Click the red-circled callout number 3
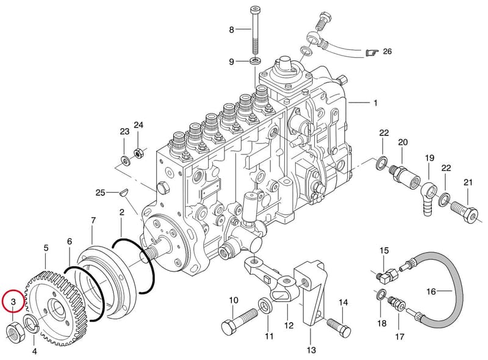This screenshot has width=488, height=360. [x=13, y=301]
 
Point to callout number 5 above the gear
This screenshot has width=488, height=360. [x=46, y=248]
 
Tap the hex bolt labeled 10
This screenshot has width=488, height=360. [x=239, y=322]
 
